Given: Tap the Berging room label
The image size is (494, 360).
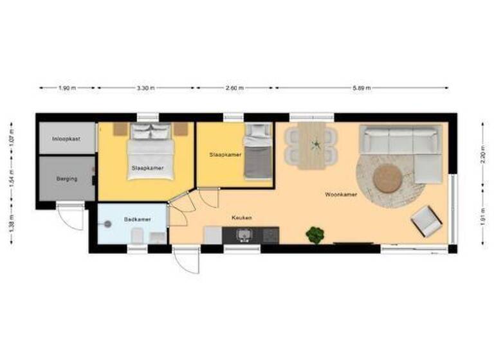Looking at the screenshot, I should (x=67, y=179).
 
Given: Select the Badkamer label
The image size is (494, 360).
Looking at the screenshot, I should (x=138, y=219).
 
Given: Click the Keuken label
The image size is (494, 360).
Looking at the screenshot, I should (x=242, y=218).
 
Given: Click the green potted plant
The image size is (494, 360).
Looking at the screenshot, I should (x=315, y=235).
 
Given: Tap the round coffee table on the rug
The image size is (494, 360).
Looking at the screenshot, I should (x=388, y=178).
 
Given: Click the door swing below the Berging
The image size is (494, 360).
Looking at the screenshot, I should (x=71, y=216).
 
